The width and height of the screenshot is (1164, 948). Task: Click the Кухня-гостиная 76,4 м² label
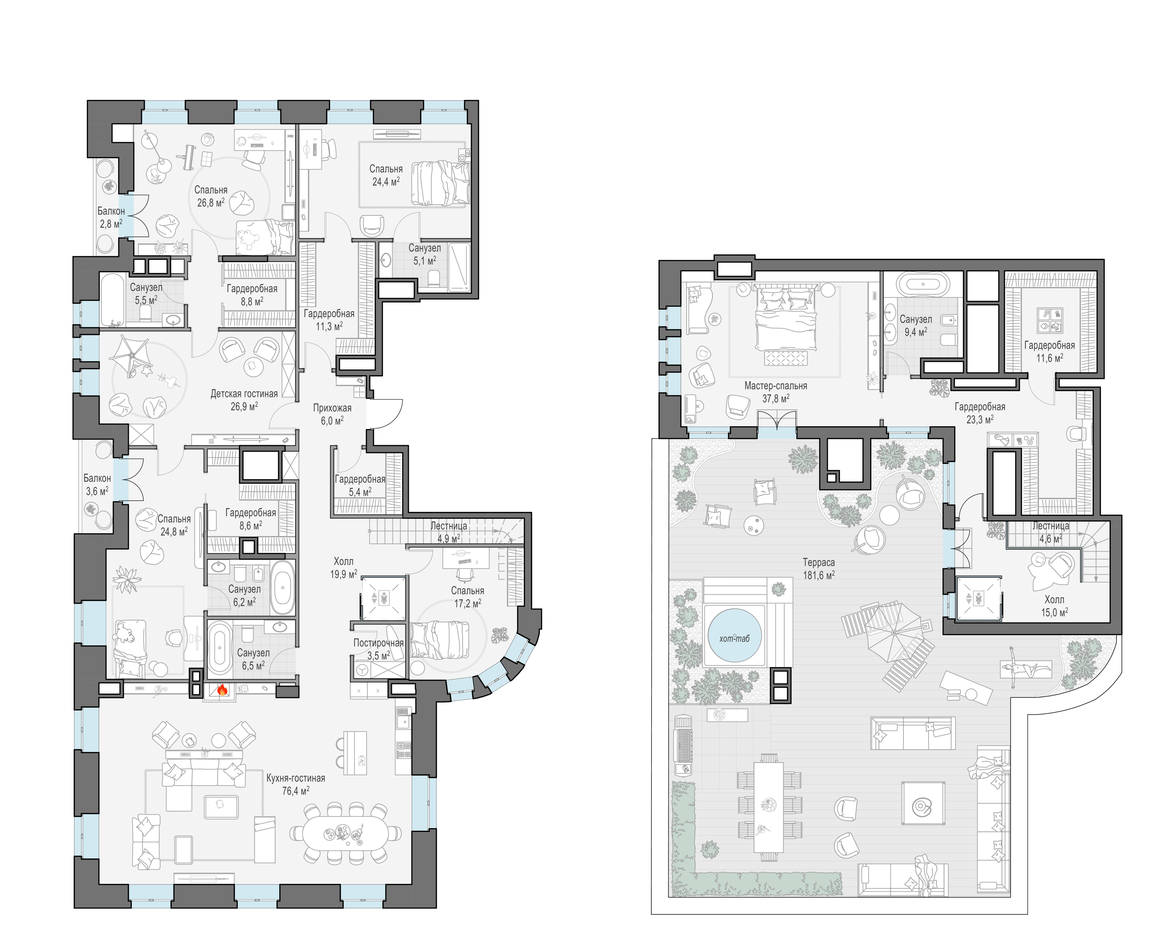coord(295,784)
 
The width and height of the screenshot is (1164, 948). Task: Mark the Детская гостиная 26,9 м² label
coord(244,400)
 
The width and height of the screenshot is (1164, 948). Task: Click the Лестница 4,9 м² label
coord(449,532)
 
